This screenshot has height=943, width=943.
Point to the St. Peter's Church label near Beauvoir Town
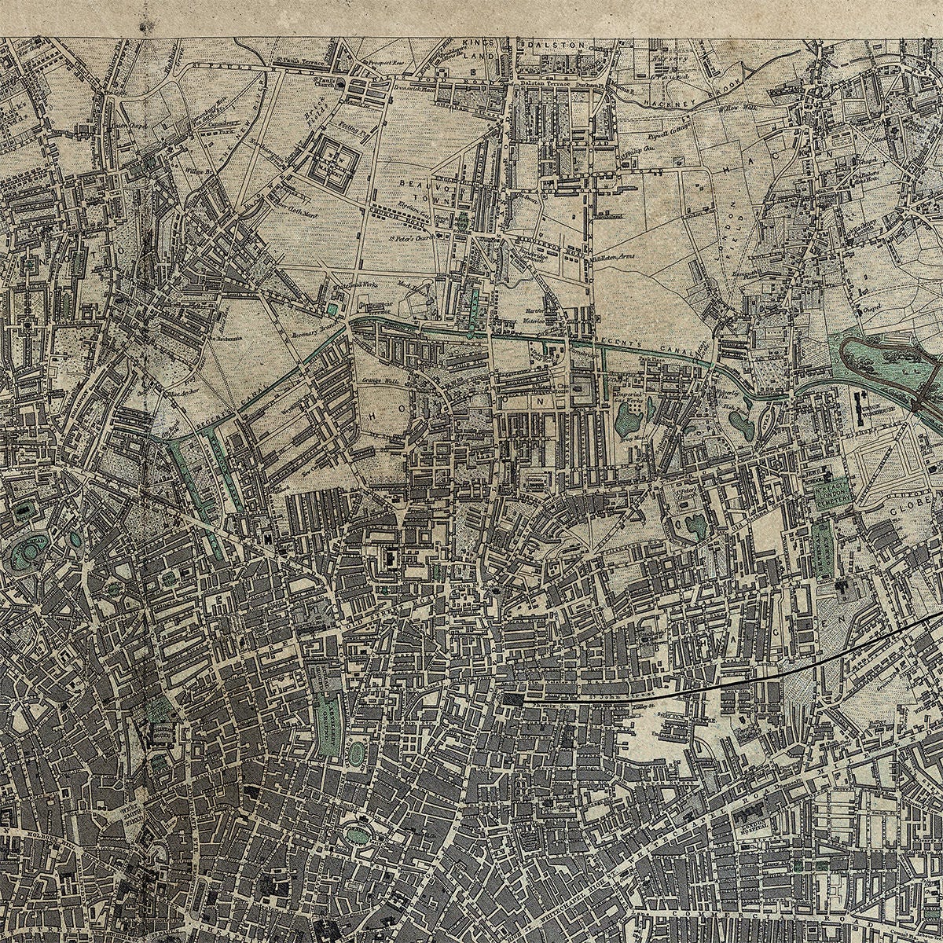pyautogui.click(x=409, y=233)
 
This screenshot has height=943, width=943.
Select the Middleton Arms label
pyautogui.click(x=616, y=257)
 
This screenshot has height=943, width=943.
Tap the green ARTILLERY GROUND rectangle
pyautogui.click(x=328, y=717)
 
